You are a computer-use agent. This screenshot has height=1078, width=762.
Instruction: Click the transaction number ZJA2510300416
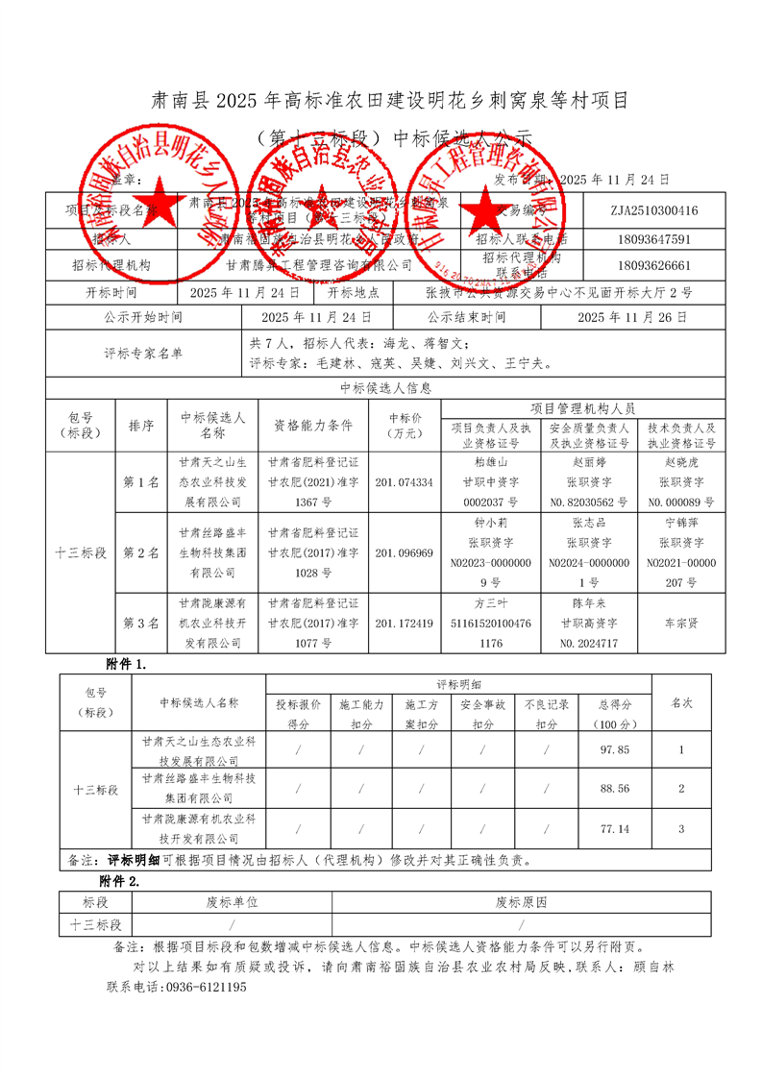653,210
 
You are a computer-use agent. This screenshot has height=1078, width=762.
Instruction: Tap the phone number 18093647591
653,238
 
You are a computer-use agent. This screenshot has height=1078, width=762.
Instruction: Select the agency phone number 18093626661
653,264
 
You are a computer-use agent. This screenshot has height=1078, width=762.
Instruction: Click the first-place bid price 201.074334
404,482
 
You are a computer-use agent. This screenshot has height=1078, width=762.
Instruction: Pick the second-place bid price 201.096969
404,553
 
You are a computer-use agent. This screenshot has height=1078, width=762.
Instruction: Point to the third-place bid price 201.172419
404,624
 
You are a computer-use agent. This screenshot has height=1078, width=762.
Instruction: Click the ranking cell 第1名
140,482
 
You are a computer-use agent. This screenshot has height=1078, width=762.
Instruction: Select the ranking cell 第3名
140,624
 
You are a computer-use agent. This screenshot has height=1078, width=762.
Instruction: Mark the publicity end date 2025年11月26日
632,316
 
